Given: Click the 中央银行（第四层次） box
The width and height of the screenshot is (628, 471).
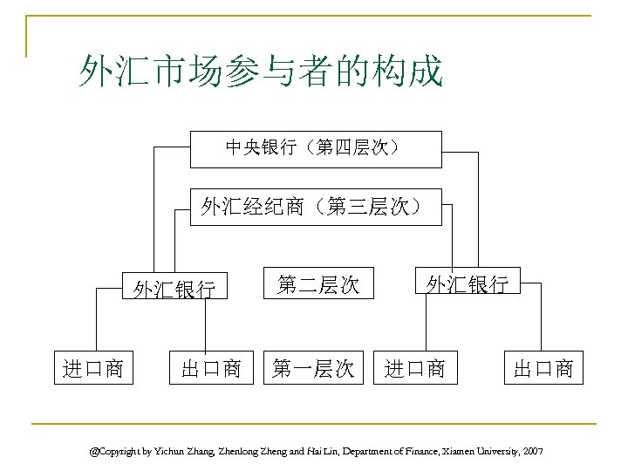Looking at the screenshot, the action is pos(316,148).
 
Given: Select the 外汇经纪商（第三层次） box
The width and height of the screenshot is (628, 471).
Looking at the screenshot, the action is pos(316,207).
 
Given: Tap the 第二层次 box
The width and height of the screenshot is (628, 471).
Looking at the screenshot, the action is pos(318,283).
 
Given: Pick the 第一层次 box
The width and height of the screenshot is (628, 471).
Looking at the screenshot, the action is pos(313,368).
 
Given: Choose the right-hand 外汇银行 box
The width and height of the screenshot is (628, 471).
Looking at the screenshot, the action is pos(466,283).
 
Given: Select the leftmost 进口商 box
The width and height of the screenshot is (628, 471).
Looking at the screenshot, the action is pos(92,367).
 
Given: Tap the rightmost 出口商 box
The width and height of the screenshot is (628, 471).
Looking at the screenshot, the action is pos(543,368).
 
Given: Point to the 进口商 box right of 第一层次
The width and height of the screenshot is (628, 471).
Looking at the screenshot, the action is pos(415,368).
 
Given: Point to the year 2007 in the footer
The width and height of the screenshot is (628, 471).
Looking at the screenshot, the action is pos(532,451).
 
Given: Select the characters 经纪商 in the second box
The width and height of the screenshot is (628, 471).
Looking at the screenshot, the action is pos(281,207).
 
